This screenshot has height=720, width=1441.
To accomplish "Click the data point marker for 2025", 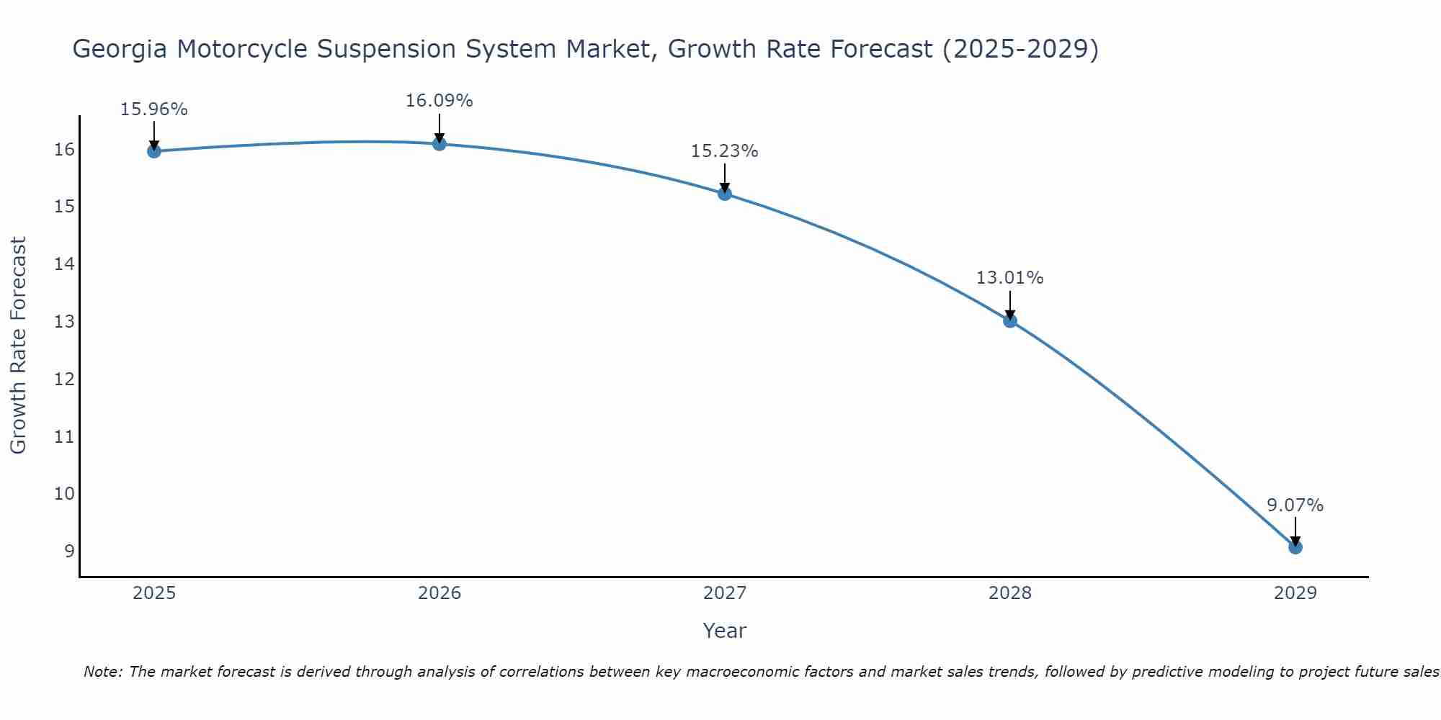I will click(153, 151).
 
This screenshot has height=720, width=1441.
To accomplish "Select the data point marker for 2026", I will click(440, 143).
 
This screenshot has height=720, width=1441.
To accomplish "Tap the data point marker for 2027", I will click(725, 194).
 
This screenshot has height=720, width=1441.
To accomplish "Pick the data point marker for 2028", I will click(1010, 320).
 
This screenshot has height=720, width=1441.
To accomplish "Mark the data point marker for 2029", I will click(1295, 547).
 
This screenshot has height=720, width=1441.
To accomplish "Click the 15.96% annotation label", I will click(153, 109).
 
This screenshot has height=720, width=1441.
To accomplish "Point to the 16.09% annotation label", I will click(439, 101).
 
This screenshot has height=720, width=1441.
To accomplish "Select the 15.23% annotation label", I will click(724, 151).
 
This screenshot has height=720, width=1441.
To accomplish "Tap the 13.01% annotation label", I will click(1009, 278).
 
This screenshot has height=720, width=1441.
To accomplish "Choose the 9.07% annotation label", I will click(1295, 505).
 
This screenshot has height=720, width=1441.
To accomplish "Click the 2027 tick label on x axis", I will click(725, 593).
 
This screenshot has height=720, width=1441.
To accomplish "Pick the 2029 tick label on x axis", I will click(1295, 593).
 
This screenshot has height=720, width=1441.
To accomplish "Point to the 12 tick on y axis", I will click(64, 379).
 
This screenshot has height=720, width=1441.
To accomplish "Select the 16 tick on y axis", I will click(64, 150).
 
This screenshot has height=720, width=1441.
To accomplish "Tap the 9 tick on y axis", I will click(69, 552).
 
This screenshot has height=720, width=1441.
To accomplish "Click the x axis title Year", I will click(724, 631).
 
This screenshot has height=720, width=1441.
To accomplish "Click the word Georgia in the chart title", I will click(120, 49).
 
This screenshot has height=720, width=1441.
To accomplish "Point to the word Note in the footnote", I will click(103, 672).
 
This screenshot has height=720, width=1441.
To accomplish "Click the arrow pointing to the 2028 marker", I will click(1010, 305).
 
